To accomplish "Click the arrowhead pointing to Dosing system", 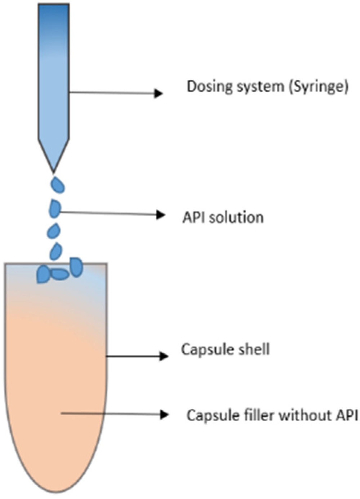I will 158,94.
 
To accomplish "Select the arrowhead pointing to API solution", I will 160,215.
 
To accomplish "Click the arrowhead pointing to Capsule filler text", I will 164,415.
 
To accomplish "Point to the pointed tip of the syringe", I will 54,169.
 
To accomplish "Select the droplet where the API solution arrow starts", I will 54,209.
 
